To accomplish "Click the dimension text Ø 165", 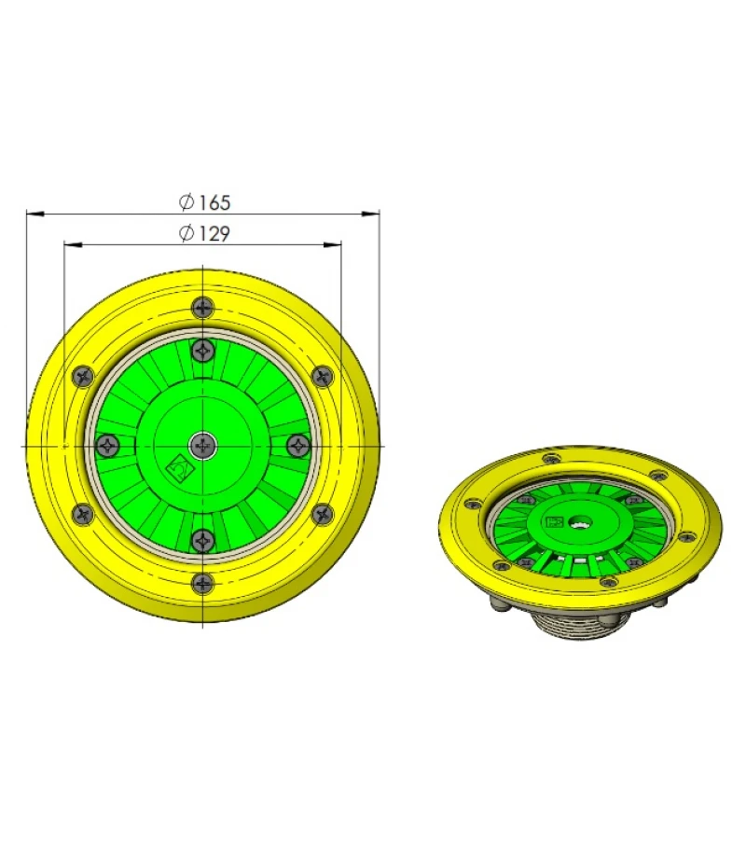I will (x=204, y=201).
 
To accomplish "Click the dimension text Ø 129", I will (x=204, y=233).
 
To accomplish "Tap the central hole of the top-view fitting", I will (x=202, y=446).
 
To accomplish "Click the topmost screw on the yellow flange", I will (x=202, y=307).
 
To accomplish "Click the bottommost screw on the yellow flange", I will (x=202, y=584).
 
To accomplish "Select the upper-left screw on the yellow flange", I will (x=83, y=376).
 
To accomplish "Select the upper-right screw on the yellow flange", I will (x=322, y=376).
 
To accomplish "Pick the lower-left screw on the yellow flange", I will (x=83, y=514).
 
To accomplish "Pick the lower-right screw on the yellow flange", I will (x=322, y=514).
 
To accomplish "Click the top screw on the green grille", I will (x=202, y=351).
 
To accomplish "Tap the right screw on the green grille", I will (x=297, y=445).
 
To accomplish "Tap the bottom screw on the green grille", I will (x=202, y=540).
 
